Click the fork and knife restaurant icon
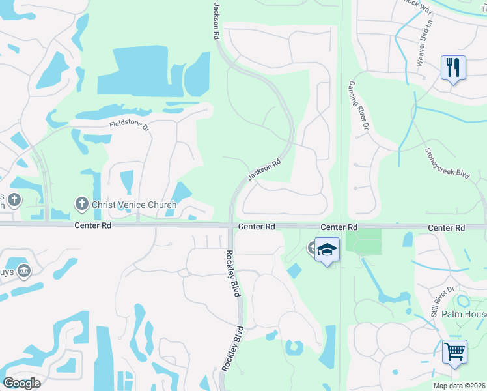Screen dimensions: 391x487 click(x=453, y=67)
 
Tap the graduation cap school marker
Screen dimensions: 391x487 click(x=327, y=250)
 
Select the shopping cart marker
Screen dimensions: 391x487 click(x=454, y=352)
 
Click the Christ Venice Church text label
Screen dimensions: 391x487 click(x=134, y=205)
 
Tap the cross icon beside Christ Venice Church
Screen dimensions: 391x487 click(x=82, y=205)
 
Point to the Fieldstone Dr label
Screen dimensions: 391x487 click(x=130, y=124)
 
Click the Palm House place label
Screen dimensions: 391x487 click(x=464, y=314)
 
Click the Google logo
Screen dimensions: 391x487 click(x=21, y=383)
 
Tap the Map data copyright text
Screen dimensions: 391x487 click(x=460, y=386)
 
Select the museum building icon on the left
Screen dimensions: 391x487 click(x=24, y=270)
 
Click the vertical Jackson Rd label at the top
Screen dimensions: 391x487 click(x=216, y=22)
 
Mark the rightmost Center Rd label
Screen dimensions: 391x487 click(x=447, y=227)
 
